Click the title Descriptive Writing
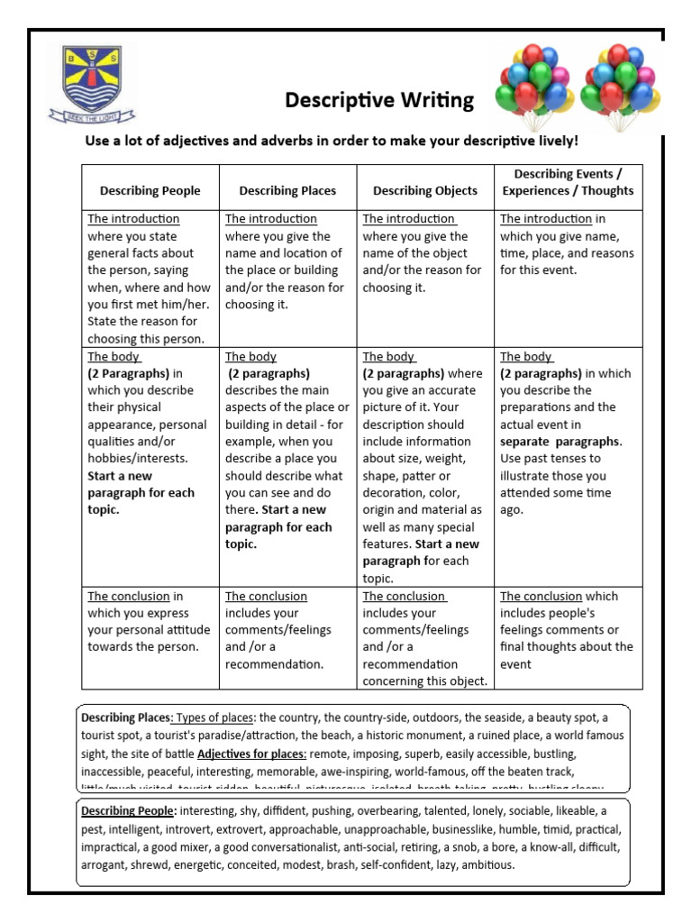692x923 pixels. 379,100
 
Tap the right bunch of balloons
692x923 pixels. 619,87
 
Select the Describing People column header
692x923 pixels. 150,190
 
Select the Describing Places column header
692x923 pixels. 287,190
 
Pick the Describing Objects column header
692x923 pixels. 425,190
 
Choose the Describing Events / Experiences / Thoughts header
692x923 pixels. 568,181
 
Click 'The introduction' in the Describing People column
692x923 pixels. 133,219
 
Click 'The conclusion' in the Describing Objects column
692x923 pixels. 404,597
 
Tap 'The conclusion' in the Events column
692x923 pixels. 541,597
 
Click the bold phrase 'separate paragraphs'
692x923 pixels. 560,442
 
